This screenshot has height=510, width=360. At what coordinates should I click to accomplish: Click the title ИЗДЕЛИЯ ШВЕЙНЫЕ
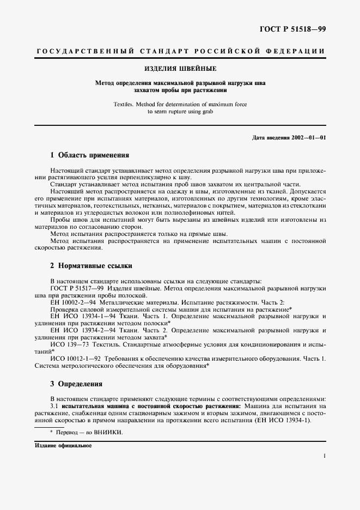pyautogui.click(x=180, y=70)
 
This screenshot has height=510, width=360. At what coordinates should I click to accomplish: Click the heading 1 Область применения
pyautogui.click(x=89, y=155)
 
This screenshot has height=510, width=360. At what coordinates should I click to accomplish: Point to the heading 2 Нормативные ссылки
pyautogui.click(x=91, y=266)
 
